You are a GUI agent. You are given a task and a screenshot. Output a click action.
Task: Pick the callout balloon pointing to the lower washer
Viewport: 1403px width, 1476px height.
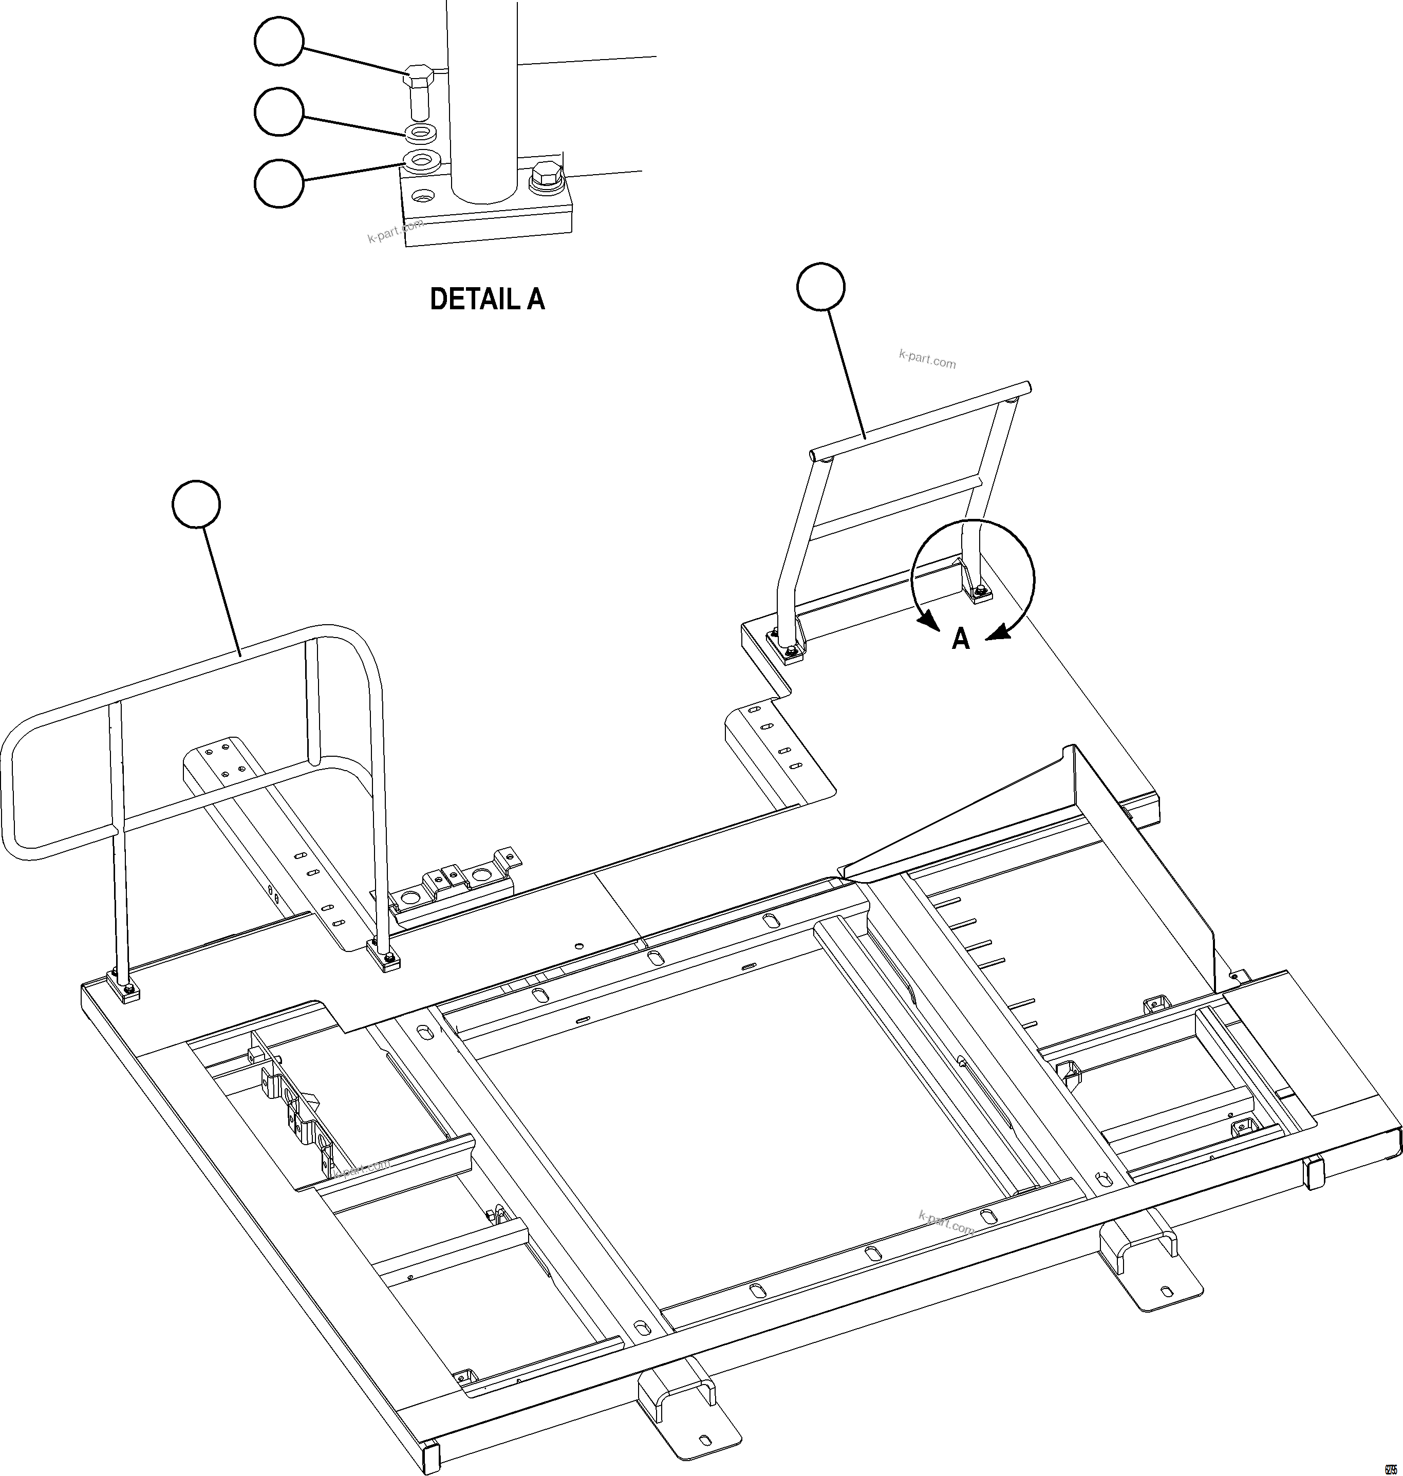point(279,182)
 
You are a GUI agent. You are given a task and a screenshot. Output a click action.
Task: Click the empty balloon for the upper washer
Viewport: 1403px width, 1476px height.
point(279,112)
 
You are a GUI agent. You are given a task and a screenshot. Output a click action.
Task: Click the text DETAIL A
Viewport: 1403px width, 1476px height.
point(487,299)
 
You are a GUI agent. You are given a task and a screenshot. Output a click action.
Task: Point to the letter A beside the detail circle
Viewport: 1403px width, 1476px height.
point(960,639)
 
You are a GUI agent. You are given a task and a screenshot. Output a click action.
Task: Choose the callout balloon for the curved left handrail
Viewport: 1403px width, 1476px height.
point(196,506)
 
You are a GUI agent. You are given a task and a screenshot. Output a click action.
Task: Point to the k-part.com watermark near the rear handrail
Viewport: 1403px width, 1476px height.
point(927,360)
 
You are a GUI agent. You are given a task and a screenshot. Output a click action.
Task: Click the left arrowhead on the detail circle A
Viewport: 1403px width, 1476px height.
point(928,620)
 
